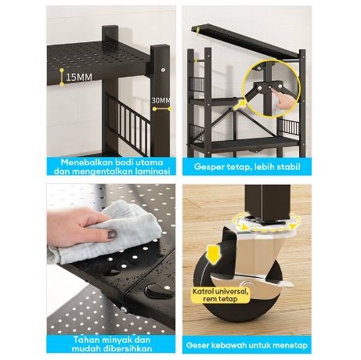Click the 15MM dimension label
click(79, 77)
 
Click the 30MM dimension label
click(161, 100)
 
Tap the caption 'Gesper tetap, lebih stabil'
click(247, 167)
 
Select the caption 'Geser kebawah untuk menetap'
click(247, 345)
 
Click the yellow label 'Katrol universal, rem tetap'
click(221, 295)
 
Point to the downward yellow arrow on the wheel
click(214, 254)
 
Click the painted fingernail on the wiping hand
click(112, 234)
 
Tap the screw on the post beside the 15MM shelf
click(163, 70)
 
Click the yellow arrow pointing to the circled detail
click(240, 106)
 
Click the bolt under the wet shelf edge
click(124, 309)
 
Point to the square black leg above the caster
click(267, 202)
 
